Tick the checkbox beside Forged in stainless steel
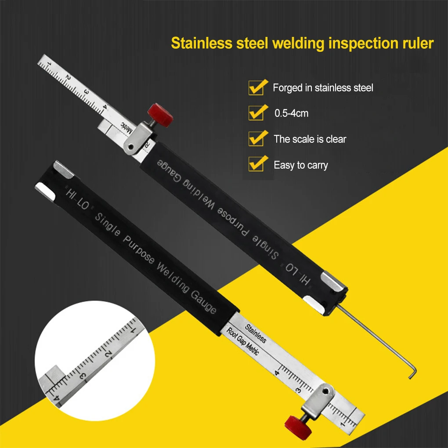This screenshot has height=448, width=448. click(x=256, y=87)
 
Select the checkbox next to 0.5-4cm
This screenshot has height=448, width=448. click(x=256, y=113)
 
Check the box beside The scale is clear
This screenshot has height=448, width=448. click(x=256, y=139)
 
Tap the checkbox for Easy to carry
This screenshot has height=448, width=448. click(x=256, y=165)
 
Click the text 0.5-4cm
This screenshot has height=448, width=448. click(x=291, y=113)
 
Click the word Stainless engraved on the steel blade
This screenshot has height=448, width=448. click(x=255, y=333)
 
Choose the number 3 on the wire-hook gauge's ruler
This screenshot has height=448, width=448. click(x=86, y=91)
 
